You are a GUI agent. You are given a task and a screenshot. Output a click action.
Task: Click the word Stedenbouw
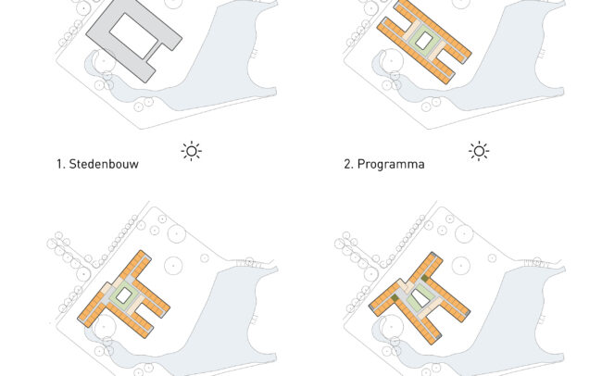coord(104,164)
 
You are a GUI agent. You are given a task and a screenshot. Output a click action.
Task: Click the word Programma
coord(391,164)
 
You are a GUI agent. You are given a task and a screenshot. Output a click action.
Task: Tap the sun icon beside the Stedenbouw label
coord(191,151)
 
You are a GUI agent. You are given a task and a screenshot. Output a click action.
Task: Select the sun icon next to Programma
coord(479,151)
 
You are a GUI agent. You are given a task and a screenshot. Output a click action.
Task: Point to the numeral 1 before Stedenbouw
coord(59,164)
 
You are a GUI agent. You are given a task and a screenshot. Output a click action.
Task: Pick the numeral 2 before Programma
coord(347,164)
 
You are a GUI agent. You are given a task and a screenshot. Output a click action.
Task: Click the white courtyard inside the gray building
coord(133,36)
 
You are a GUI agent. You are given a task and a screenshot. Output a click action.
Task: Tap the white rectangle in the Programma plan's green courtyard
coord(423,41)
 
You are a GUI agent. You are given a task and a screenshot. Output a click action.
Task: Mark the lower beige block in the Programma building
coord(438,51)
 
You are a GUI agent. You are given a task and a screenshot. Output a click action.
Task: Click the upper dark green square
coord(424,278)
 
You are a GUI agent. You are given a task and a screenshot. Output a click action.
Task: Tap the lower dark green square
coord(395,298)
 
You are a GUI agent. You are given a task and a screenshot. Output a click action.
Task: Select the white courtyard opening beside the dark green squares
coord(420,298)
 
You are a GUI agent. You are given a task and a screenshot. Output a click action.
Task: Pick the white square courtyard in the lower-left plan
coord(123,295)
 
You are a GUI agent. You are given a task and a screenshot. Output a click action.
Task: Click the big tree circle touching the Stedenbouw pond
coord(104,61)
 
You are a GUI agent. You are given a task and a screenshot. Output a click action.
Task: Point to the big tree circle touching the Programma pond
coord(391,61)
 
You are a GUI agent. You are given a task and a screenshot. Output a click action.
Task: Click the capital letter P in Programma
coord(360,164)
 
